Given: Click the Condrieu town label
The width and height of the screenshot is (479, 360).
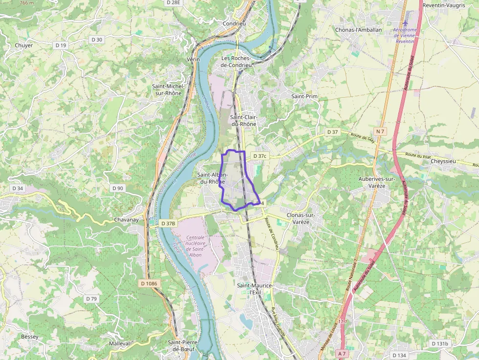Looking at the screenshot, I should click(x=234, y=23).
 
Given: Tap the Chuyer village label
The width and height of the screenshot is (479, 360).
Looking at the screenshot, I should click(x=24, y=45).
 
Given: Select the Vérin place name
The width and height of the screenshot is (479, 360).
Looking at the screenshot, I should click(x=194, y=59).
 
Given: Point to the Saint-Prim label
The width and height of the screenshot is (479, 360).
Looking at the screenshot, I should click(x=305, y=96).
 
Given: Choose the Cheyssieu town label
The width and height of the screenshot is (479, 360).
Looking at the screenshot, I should click(x=444, y=161).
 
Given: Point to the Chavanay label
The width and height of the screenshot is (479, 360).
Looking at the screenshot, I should click(x=126, y=220).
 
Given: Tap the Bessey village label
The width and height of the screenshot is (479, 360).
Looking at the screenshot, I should click(x=29, y=337).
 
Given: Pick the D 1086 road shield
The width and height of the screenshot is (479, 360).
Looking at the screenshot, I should click(x=150, y=283).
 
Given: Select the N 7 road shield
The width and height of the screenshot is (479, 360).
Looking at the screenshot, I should click(x=381, y=131).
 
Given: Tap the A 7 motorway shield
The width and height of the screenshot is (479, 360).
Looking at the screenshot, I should click(x=342, y=353).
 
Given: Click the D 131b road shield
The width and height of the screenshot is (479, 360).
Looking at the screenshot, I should click(x=440, y=344).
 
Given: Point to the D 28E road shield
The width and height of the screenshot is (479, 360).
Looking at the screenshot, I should click(x=174, y=2).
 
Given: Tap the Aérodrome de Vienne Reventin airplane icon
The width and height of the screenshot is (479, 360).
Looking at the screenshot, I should click(x=405, y=23).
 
